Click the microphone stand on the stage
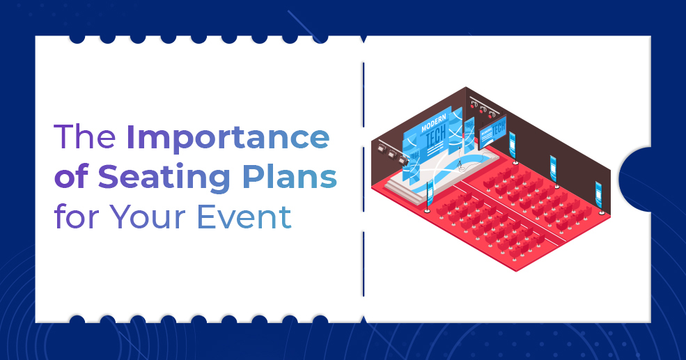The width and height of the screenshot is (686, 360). (x=459, y=168)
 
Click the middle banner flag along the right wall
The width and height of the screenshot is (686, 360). (x=554, y=167)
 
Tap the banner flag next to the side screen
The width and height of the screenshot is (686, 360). (x=513, y=144)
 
